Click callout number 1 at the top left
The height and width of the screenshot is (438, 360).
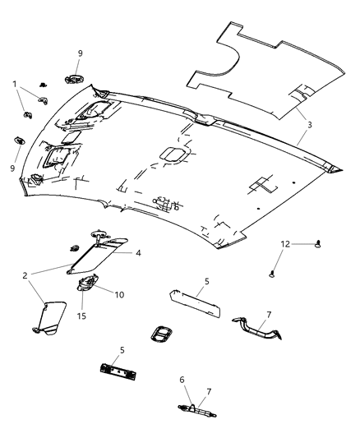(13, 83)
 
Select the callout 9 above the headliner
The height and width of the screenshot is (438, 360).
(79, 53)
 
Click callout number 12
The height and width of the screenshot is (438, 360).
(285, 243)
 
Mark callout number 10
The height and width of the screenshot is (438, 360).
(119, 293)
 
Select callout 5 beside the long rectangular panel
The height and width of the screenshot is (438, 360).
(206, 281)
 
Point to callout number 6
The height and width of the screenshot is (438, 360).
(182, 379)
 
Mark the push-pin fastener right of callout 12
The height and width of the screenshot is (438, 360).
(317, 243)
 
